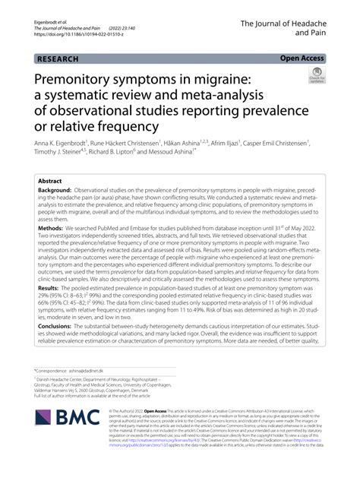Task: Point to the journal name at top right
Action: coord(291,28)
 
